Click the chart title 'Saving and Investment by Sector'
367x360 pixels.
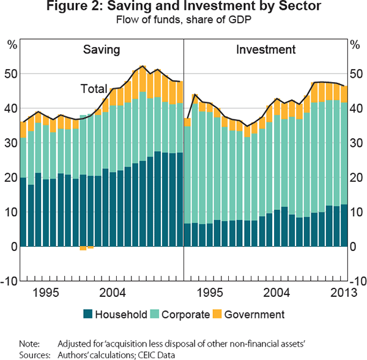[183, 8]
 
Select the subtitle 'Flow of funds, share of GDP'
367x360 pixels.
[183, 21]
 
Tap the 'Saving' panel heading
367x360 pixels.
[101, 50]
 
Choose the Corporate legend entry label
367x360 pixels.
[182, 315]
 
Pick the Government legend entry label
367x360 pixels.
[254, 315]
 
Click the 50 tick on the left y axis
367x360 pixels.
[11, 74]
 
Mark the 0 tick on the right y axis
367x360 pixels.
[355, 247]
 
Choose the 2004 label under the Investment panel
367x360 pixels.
[278, 292]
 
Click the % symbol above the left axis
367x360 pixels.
[11, 45]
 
